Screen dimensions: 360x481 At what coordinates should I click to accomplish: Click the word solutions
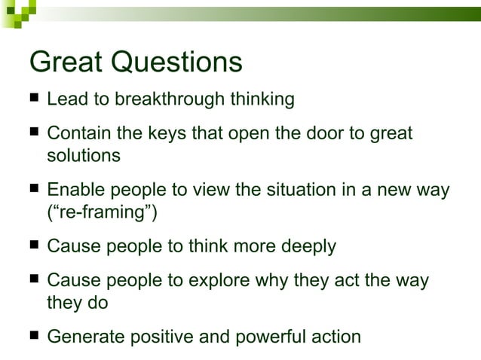tap(83, 156)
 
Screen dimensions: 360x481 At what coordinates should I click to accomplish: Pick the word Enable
tap(72, 190)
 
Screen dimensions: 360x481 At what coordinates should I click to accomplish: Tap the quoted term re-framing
tap(102, 213)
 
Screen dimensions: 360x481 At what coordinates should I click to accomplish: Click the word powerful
tap(265, 336)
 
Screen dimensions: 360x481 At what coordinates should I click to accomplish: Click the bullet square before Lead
tap(35, 98)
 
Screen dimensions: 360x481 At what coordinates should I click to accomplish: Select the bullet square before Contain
tap(35, 133)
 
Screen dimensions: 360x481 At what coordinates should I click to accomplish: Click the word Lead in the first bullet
tap(65, 99)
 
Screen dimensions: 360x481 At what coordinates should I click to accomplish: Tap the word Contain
tap(75, 134)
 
